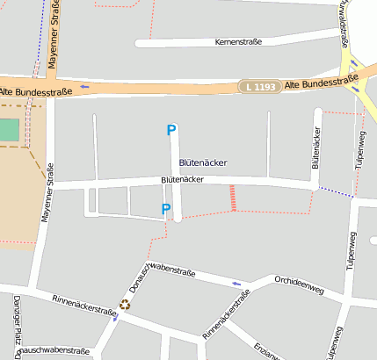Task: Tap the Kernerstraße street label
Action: pos(238,42)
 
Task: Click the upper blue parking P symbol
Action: pos(171,130)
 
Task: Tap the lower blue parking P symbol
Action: pos(165,209)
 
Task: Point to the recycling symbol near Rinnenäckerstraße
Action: pos(125,305)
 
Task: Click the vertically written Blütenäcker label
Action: pos(315,148)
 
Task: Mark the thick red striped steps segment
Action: pos(233,198)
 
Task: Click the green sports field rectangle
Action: pos(8,130)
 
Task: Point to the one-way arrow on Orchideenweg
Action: pos(236,284)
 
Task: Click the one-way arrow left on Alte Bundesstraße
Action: pos(85,87)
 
